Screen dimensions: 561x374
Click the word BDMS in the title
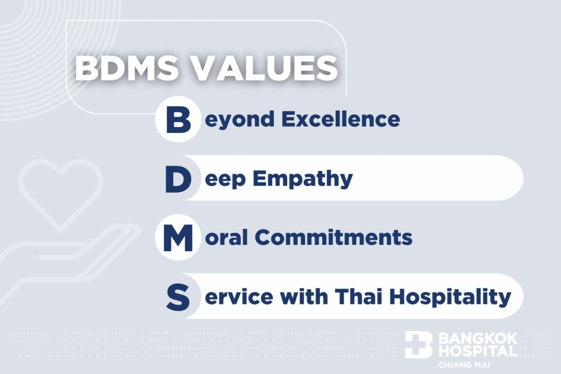(127, 68)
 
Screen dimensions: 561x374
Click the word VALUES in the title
(266, 68)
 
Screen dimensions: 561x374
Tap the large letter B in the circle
(178, 119)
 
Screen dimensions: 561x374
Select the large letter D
(178, 179)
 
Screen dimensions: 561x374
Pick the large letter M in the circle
(178, 238)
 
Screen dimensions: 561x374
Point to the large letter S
(178, 297)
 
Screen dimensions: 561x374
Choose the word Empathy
(302, 179)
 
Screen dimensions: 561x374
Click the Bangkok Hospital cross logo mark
(419, 344)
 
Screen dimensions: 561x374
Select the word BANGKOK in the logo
(478, 338)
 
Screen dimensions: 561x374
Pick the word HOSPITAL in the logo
(478, 351)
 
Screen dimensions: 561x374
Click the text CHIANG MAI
(464, 365)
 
